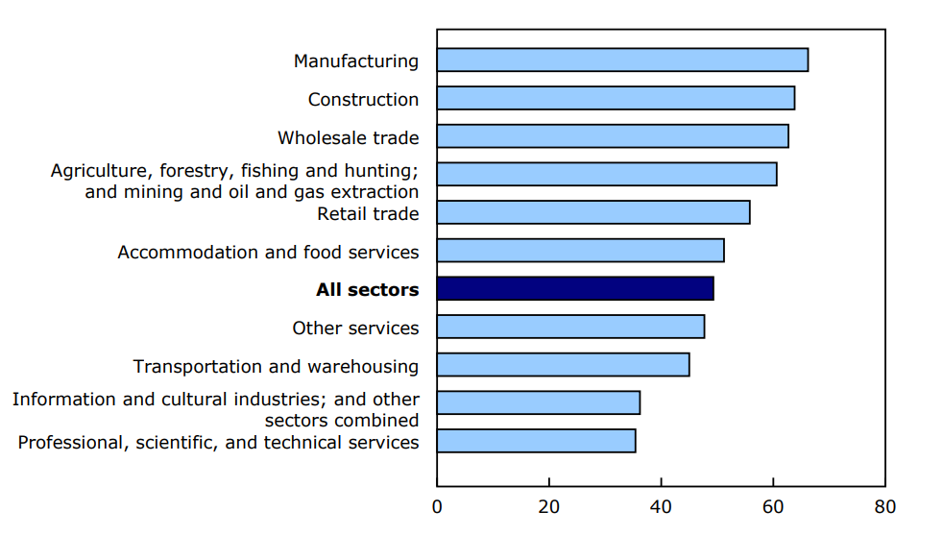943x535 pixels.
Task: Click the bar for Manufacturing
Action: click(622, 60)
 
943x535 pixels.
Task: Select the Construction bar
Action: click(616, 98)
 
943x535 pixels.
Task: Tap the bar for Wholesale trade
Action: click(613, 136)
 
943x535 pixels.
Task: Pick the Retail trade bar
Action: click(593, 212)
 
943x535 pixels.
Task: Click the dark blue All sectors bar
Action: click(575, 289)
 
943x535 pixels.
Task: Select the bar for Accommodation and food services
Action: click(580, 251)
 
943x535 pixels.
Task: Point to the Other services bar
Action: click(570, 327)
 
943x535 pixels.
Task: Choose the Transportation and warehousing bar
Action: click(563, 365)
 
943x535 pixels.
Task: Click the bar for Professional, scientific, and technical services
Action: click(536, 441)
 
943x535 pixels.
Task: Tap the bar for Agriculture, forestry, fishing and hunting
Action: click(607, 174)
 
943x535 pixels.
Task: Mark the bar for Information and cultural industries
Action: click(539, 402)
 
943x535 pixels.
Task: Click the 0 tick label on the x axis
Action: click(437, 506)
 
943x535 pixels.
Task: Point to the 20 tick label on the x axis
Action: click(549, 506)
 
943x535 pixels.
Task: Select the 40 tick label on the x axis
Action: click(661, 506)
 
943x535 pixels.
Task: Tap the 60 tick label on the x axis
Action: click(773, 506)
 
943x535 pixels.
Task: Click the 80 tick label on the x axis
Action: click(884, 506)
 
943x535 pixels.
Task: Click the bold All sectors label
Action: click(367, 290)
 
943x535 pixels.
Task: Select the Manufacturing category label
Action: click(356, 61)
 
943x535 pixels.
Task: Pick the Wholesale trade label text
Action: click(348, 137)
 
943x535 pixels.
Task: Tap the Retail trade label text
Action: click(368, 213)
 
